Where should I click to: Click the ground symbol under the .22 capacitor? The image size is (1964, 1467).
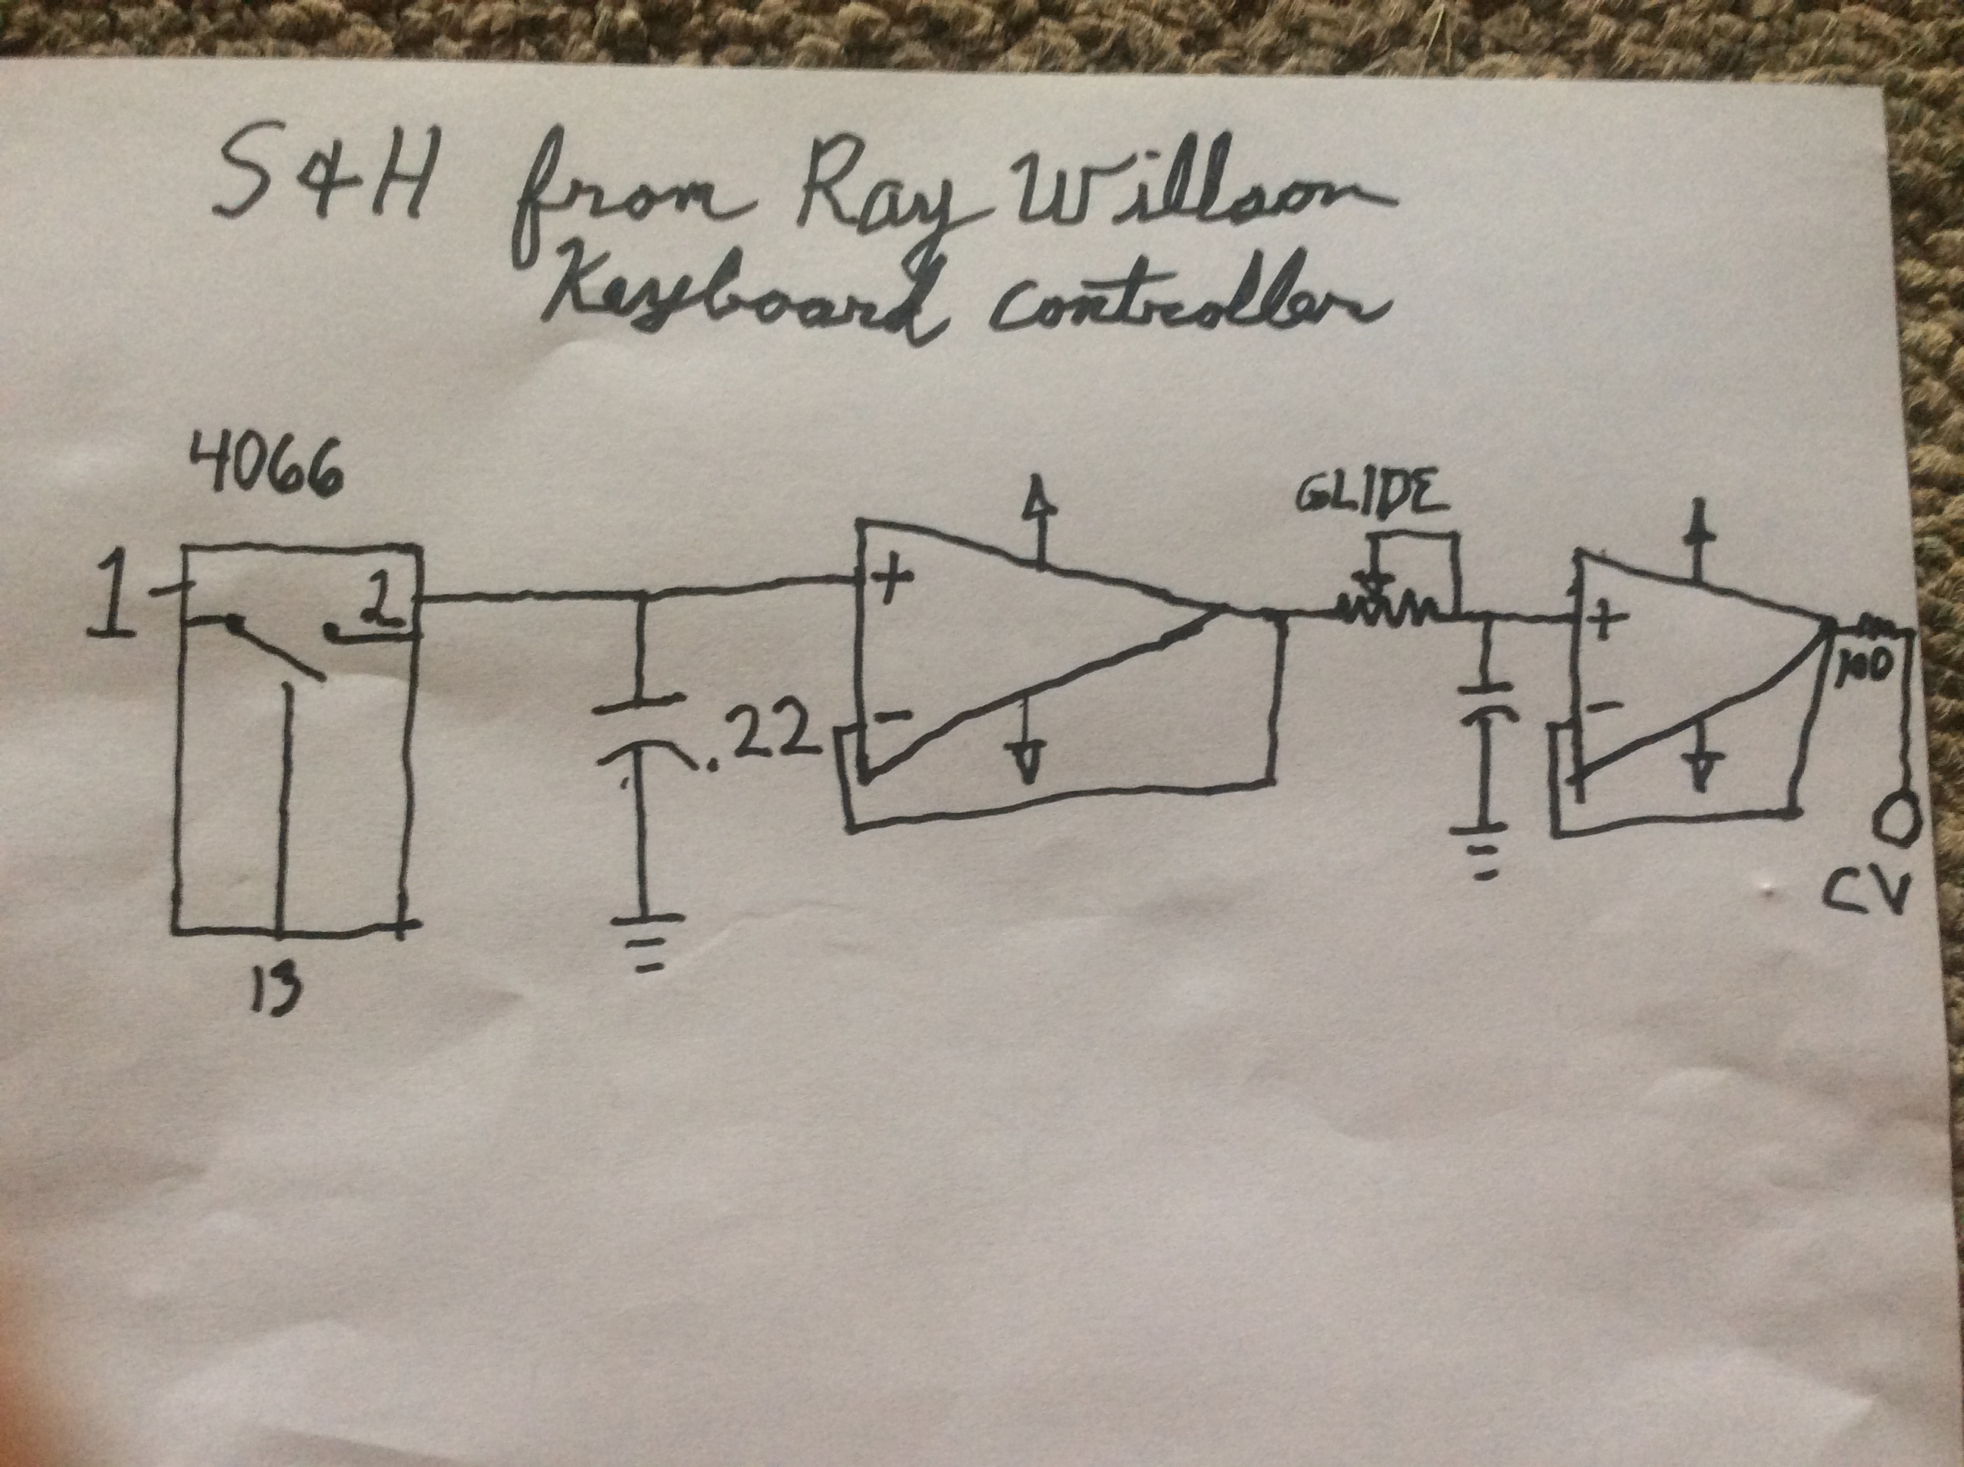tap(651, 945)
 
